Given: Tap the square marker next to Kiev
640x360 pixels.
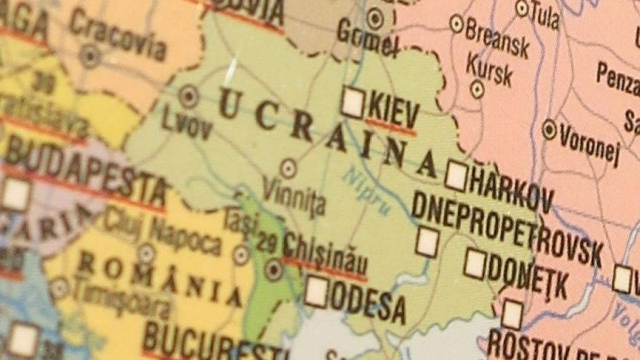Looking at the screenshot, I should (353, 101).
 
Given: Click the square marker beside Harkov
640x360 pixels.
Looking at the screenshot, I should (457, 176).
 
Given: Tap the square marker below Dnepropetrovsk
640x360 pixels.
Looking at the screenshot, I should (428, 242).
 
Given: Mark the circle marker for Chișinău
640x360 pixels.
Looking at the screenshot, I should (274, 269).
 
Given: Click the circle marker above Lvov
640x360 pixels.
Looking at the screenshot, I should (188, 97).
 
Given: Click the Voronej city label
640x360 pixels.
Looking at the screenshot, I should (589, 145).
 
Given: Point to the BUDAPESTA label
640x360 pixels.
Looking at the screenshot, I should (85, 174).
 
